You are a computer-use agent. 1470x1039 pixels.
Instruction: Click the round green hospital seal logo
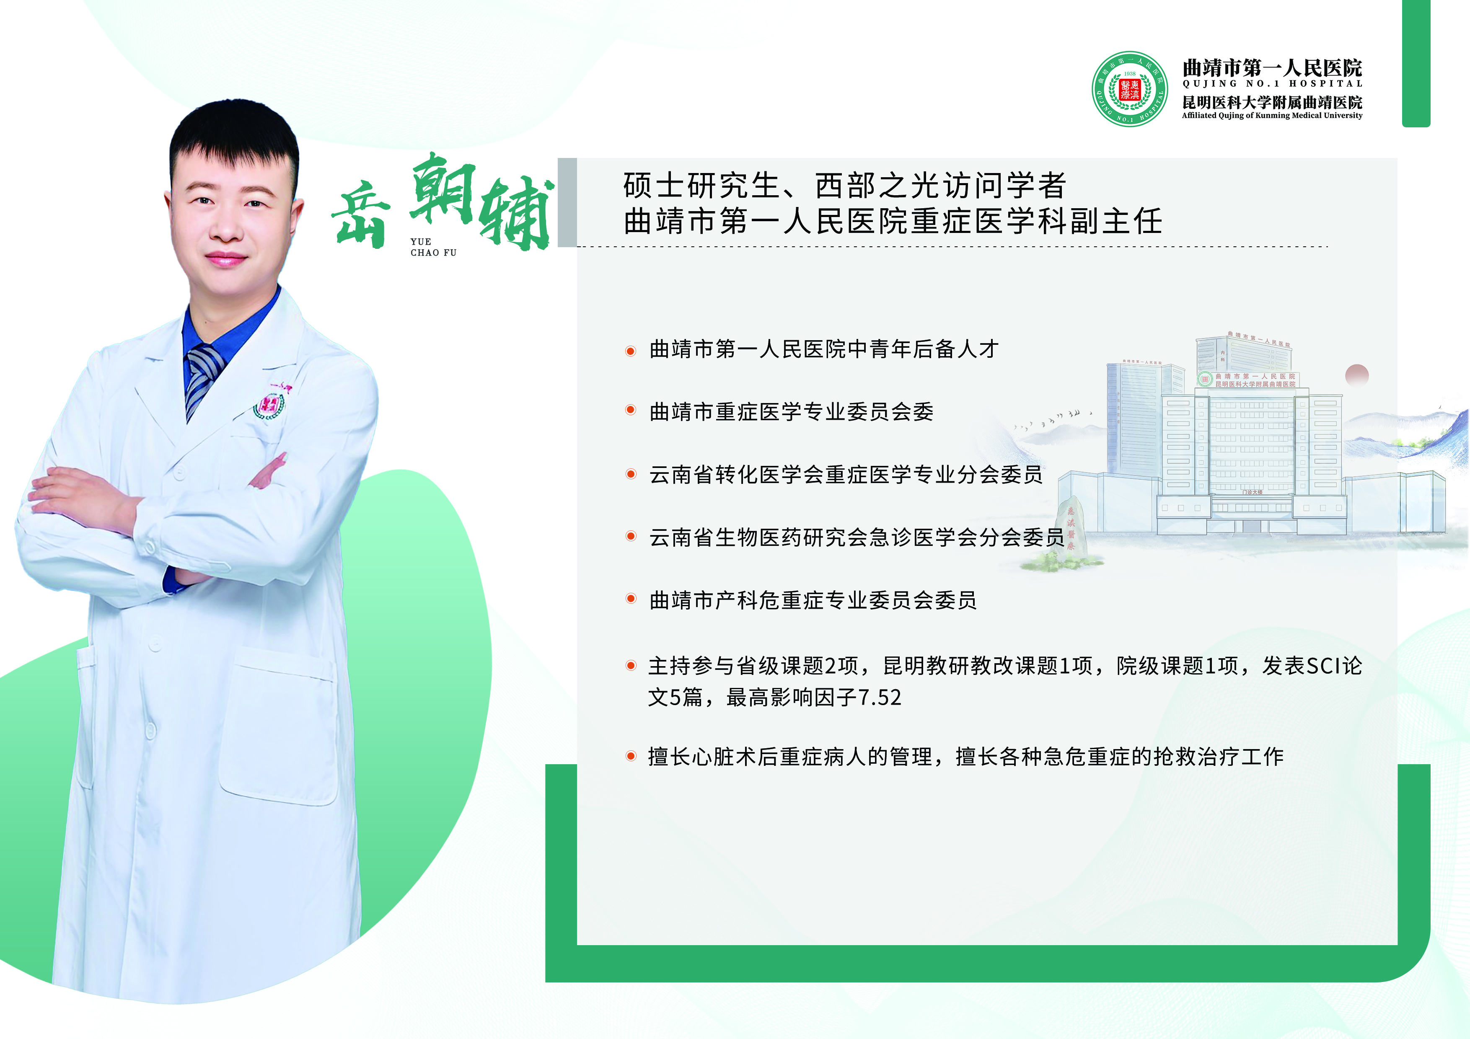[x=1129, y=89]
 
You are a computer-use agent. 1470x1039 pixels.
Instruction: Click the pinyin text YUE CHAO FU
[x=433, y=247]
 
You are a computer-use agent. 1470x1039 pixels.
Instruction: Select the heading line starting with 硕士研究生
[x=844, y=186]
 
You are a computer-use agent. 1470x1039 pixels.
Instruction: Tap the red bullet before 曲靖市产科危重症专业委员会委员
[x=631, y=599]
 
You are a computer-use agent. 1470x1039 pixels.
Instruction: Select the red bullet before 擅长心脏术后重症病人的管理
[x=631, y=757]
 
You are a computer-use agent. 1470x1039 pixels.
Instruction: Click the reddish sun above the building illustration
[x=1357, y=375]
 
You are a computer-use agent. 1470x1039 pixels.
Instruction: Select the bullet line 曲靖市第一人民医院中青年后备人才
[x=824, y=349]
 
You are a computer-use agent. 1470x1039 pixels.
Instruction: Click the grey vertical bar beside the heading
[x=567, y=202]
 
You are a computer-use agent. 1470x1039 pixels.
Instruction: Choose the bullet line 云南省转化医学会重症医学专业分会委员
[x=846, y=474]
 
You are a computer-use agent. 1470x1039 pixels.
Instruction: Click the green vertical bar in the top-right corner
[x=1416, y=63]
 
